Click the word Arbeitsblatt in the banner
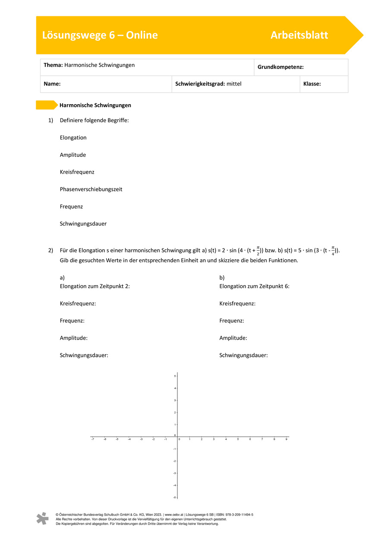coord(299,35)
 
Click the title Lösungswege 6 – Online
coord(100,35)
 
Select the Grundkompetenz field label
coord(280,67)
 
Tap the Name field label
coord(52,84)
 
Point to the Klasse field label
coord(312,84)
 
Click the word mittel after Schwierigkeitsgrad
coord(234,84)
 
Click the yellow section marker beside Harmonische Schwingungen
coord(46,105)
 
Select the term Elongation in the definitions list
coord(73,137)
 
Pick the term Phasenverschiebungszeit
coord(91,189)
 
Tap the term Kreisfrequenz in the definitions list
coord(77,172)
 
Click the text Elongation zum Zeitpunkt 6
coord(254,286)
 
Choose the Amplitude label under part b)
coord(233,338)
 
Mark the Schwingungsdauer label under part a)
coord(84,355)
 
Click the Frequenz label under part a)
coord(72,321)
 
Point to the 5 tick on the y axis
coord(175,376)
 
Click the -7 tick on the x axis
coord(92,439)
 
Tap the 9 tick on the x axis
coord(286,439)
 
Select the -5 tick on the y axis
coord(174,497)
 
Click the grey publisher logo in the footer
coord(42,519)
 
